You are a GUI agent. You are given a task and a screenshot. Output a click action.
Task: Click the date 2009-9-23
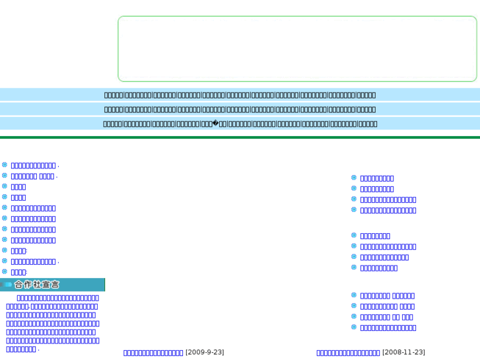pyautogui.click(x=205, y=353)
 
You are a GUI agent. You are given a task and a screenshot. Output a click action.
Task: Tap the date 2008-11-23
pyautogui.click(x=403, y=353)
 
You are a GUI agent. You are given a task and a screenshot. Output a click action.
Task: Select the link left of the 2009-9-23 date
pyautogui.click(x=153, y=353)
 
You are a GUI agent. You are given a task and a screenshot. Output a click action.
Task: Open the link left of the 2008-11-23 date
pyautogui.click(x=348, y=353)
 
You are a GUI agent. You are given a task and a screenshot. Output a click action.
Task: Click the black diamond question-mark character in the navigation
pyautogui.click(x=215, y=124)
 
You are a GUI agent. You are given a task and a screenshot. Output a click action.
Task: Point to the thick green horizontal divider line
pyautogui.click(x=240, y=137)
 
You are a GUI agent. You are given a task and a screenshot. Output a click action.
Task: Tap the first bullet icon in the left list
pyautogui.click(x=5, y=165)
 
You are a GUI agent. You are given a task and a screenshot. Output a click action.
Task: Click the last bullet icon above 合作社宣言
pyautogui.click(x=5, y=271)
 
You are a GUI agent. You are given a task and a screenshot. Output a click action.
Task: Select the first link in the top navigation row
pyautogui.click(x=113, y=95)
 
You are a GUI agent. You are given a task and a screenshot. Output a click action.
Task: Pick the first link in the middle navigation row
pyautogui.click(x=113, y=110)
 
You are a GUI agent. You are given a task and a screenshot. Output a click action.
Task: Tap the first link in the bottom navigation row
pyautogui.click(x=112, y=124)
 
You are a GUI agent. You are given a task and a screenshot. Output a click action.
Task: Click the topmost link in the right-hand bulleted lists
pyautogui.click(x=377, y=178)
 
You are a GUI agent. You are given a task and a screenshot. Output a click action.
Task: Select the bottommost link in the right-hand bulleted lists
pyautogui.click(x=388, y=328)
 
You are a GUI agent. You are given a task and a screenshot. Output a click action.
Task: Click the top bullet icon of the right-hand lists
pyautogui.click(x=354, y=178)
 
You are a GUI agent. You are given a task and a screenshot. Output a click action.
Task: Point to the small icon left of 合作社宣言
pyautogui.click(x=7, y=285)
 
